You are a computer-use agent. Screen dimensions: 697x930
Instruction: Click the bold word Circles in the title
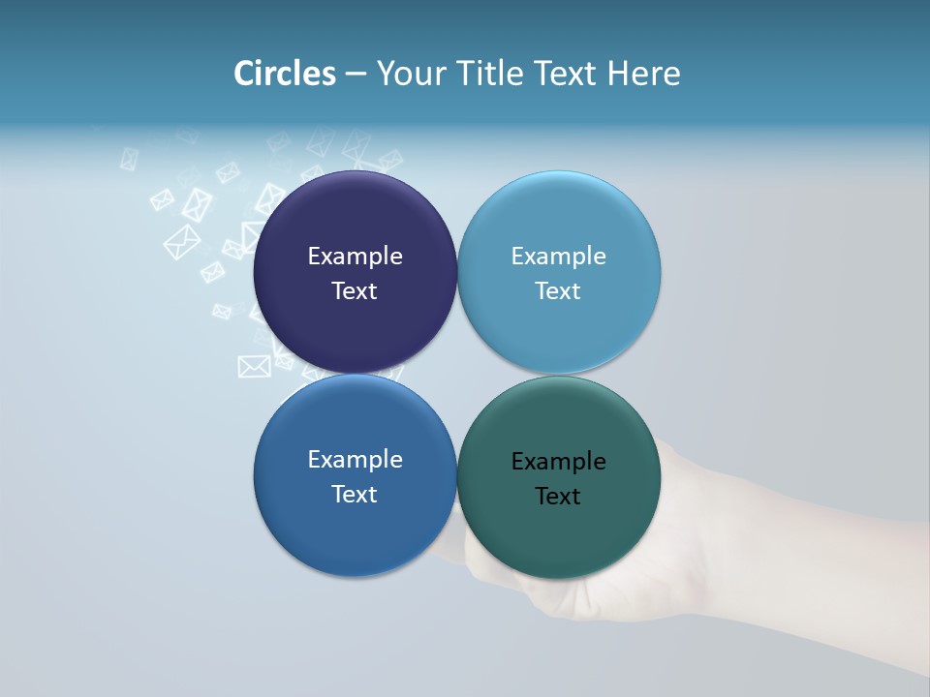285,74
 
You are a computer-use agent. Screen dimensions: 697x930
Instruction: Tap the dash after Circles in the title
356,75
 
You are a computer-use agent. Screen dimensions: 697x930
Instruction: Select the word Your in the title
407,75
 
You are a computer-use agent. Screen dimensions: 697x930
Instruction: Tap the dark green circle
559,532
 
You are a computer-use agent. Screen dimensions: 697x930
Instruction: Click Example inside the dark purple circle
355,257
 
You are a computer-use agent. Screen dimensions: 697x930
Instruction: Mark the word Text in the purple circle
355,291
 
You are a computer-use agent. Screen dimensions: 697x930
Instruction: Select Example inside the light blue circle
558,257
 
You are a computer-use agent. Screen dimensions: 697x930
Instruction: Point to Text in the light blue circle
558,291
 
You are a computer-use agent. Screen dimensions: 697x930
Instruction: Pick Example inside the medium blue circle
355,460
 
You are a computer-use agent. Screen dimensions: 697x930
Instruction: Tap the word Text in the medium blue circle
355,495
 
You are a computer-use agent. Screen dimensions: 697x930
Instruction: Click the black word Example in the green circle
558,462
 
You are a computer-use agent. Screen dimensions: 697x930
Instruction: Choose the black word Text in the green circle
558,497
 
